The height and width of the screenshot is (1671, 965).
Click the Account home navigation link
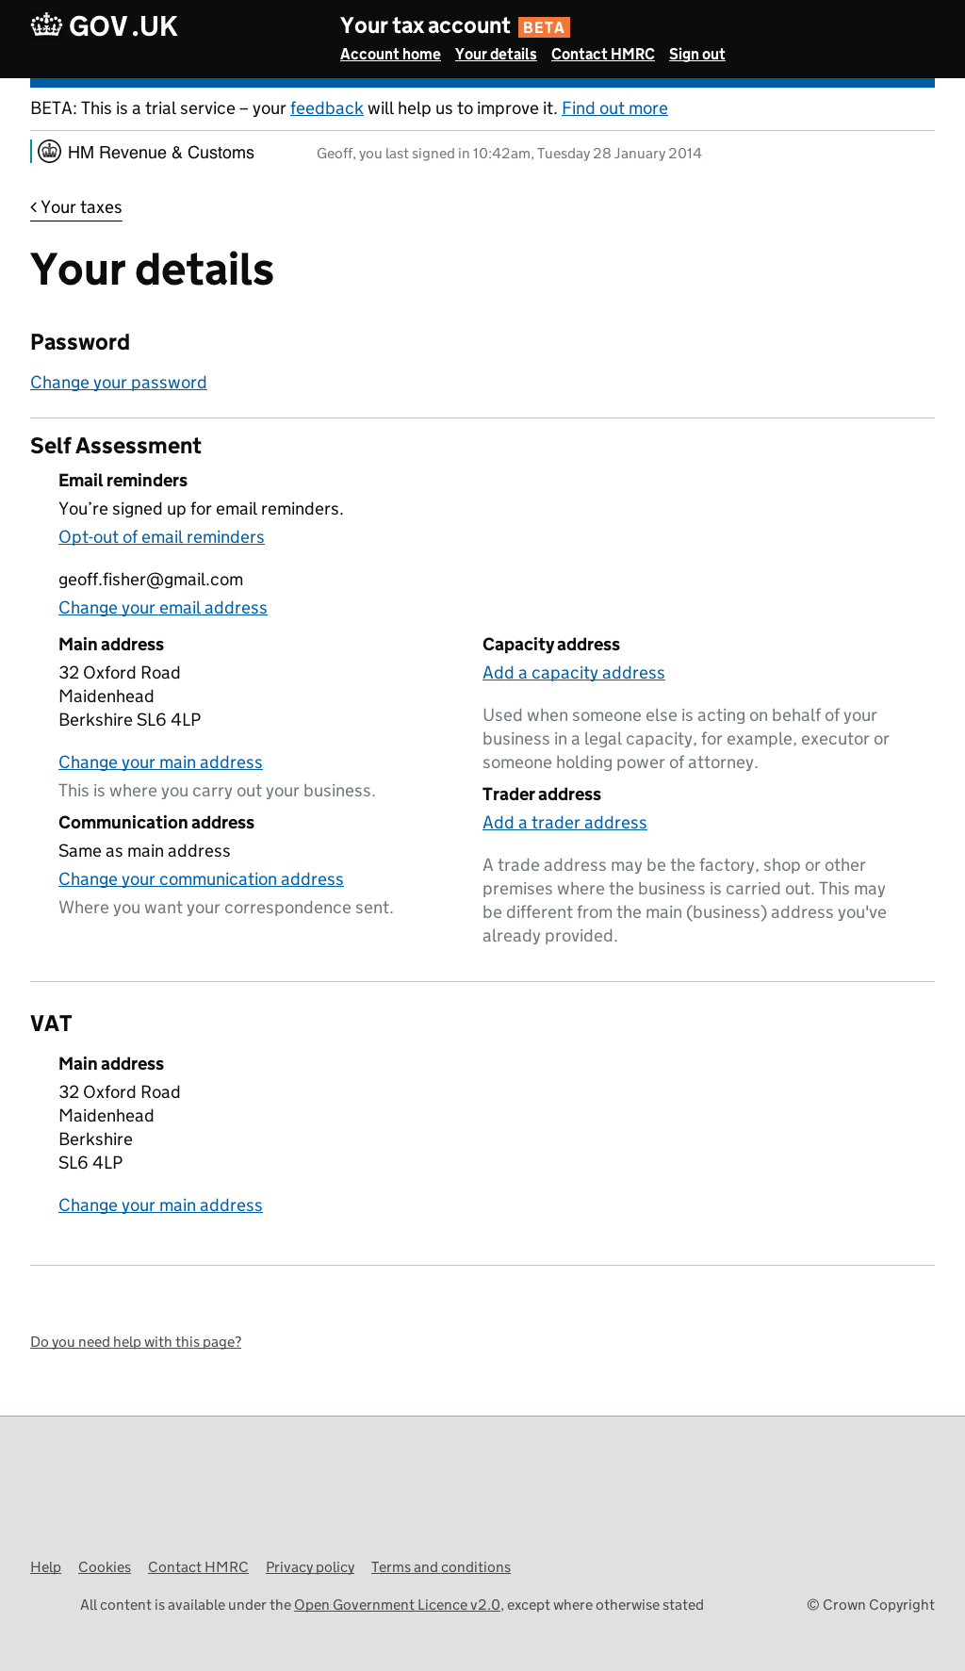pyautogui.click(x=390, y=55)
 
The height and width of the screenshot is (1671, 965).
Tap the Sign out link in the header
pyautogui.click(x=696, y=55)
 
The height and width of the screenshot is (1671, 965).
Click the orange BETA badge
pyautogui.click(x=544, y=27)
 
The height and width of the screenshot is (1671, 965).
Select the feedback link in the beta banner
pyautogui.click(x=326, y=108)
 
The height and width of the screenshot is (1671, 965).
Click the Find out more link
pyautogui.click(x=614, y=108)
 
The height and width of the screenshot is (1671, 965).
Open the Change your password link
pyautogui.click(x=119, y=383)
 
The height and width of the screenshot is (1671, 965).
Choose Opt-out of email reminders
pyautogui.click(x=161, y=537)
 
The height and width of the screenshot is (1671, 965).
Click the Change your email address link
pyautogui.click(x=163, y=608)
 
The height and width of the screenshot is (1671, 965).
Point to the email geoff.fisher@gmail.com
pyautogui.click(x=151, y=580)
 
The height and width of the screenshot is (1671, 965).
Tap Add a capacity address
pyautogui.click(x=573, y=673)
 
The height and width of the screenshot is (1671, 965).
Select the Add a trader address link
pyautogui.click(x=564, y=823)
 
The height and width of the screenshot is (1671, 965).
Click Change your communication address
pyautogui.click(x=201, y=879)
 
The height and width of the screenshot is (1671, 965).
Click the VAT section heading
pyautogui.click(x=51, y=1024)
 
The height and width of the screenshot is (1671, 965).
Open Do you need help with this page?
pyautogui.click(x=136, y=1342)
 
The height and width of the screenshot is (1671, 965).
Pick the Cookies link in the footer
pyautogui.click(x=105, y=1567)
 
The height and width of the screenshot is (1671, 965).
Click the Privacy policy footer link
pyautogui.click(x=310, y=1567)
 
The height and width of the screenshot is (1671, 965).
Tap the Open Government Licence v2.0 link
pyautogui.click(x=397, y=1605)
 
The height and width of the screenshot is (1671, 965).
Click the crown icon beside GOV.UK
pyautogui.click(x=46, y=25)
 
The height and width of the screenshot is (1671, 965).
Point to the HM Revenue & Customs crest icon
pyautogui.click(x=50, y=152)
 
